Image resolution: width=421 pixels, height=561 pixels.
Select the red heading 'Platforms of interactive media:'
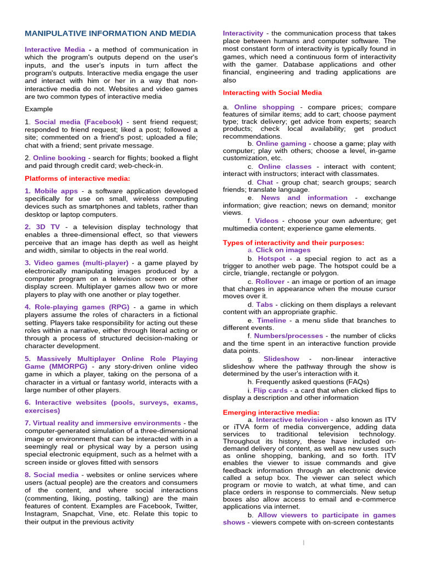point(77,178)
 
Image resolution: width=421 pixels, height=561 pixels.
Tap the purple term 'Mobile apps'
point(56,191)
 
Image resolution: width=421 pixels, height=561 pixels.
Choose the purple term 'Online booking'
point(59,157)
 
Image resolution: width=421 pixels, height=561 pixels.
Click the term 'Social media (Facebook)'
point(78,122)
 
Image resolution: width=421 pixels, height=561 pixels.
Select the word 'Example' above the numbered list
point(39,109)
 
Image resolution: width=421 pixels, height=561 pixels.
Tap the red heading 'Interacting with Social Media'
point(272,93)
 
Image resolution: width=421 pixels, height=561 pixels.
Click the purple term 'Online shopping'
point(264,107)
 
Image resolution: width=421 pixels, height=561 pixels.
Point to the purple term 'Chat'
point(265,182)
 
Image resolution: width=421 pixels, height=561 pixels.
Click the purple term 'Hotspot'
point(271,259)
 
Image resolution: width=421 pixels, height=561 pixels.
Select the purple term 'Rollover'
point(270,282)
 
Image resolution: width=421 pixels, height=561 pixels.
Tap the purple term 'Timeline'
point(271,320)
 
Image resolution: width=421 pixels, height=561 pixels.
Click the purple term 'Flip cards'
point(270,391)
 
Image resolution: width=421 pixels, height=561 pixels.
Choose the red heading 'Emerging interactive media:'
point(271,412)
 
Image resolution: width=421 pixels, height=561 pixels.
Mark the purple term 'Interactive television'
point(292,420)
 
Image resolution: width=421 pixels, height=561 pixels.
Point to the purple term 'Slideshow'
point(281,359)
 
